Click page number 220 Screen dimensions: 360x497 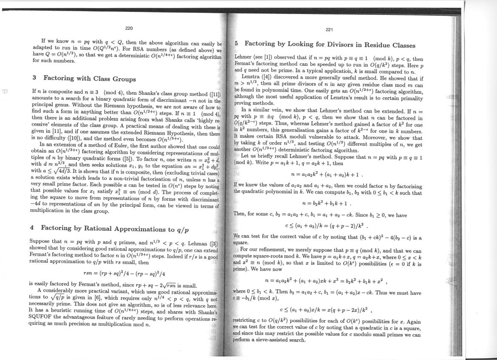129,28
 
